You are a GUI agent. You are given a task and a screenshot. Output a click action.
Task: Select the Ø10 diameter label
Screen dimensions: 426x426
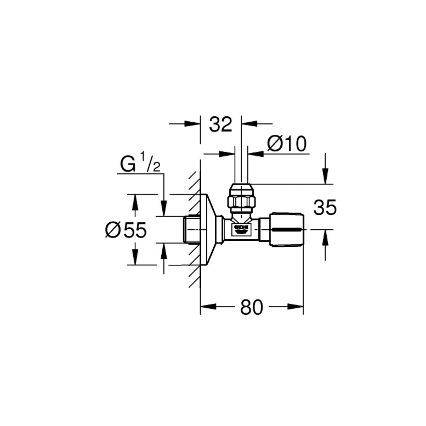coord(286,144)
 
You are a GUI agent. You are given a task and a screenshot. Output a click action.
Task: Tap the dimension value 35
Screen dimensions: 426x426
coord(324,208)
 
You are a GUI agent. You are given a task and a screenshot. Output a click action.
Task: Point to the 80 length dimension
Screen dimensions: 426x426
coord(252,307)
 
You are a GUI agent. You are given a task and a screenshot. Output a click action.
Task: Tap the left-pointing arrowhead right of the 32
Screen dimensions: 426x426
coord(249,124)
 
